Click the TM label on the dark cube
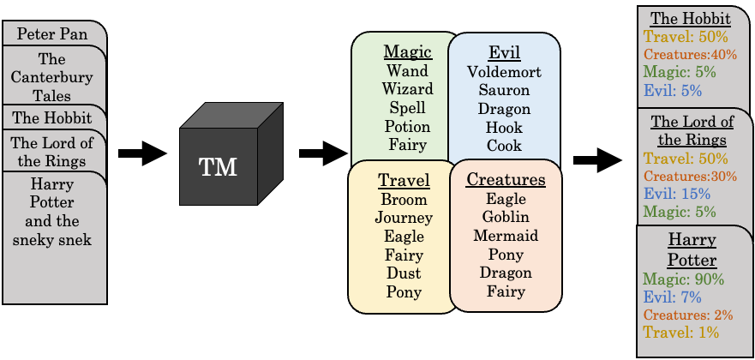[218, 166]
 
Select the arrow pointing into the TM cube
[141, 154]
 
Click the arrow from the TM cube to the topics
[322, 154]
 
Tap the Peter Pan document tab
[52, 34]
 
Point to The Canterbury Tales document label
[52, 78]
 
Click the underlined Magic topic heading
[407, 52]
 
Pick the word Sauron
[504, 90]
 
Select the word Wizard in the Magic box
[407, 90]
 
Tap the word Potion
[407, 127]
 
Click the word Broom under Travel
[404, 199]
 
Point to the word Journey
[404, 218]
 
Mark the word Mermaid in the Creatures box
[506, 236]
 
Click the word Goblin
[506, 218]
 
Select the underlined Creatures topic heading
[506, 180]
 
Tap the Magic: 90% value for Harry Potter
[683, 279]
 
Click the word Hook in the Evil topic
[504, 128]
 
